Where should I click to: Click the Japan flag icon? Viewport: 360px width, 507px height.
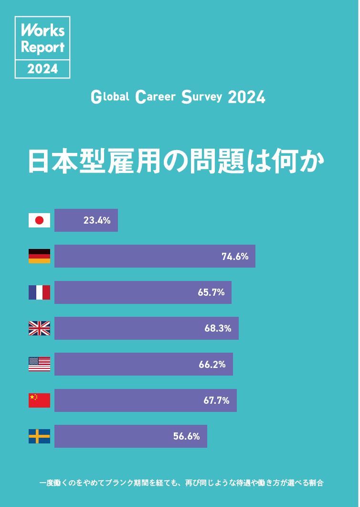(x=39, y=220)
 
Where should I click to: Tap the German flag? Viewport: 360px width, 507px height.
(x=39, y=256)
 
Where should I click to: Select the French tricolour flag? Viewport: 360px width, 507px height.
(x=39, y=292)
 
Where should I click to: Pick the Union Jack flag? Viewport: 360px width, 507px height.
(x=39, y=328)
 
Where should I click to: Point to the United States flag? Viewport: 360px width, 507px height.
(x=39, y=365)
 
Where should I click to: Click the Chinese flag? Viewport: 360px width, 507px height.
(x=39, y=400)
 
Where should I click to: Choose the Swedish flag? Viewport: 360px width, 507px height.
(x=39, y=436)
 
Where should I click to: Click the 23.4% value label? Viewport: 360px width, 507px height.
(x=97, y=220)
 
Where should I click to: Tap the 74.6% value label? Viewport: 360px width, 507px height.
(x=235, y=257)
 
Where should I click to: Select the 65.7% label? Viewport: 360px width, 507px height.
(x=211, y=292)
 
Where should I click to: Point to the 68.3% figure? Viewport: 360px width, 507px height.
(x=218, y=328)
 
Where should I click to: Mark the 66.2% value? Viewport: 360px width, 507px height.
(x=212, y=365)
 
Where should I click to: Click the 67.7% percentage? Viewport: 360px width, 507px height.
(x=216, y=400)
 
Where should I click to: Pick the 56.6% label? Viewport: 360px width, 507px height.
(x=186, y=436)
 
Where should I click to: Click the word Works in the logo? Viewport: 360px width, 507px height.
(x=42, y=31)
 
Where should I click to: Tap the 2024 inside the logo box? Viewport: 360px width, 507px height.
(x=42, y=69)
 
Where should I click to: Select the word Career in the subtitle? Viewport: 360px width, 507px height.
(x=156, y=97)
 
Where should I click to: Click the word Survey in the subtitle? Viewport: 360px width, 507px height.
(x=201, y=97)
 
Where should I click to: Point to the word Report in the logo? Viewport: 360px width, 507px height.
(x=42, y=48)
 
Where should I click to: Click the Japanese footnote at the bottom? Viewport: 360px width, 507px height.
(x=181, y=483)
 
